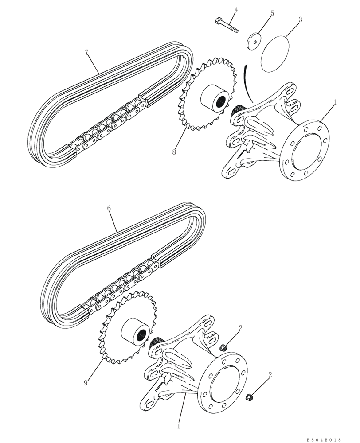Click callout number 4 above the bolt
(236, 10)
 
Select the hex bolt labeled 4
(227, 25)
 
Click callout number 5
(272, 13)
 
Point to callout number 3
(300, 20)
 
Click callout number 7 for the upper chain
(87, 52)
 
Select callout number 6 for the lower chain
(109, 207)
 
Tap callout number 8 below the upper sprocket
(174, 152)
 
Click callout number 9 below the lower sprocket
(86, 383)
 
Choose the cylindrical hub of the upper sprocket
(216, 100)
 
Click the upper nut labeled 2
(224, 348)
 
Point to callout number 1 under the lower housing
(179, 426)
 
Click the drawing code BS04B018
(323, 439)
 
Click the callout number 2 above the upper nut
(240, 328)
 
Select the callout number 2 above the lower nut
(270, 375)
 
